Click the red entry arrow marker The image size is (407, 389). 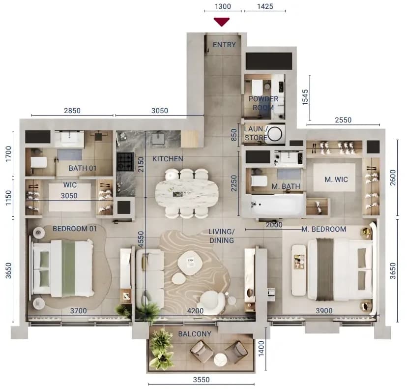pyautogui.click(x=222, y=22)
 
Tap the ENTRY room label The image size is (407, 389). pyautogui.click(x=224, y=45)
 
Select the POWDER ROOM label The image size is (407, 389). pyautogui.click(x=263, y=103)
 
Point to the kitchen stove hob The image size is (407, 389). pyautogui.click(x=125, y=162)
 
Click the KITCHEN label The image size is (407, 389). pyautogui.click(x=168, y=159)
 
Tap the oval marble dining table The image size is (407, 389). pyautogui.click(x=187, y=193)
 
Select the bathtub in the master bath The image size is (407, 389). pyautogui.click(x=277, y=205)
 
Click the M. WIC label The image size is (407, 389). pyautogui.click(x=336, y=179)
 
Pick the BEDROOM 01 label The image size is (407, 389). pyautogui.click(x=75, y=229)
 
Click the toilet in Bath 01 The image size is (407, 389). pyautogui.click(x=38, y=162)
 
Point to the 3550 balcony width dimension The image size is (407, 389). pyautogui.click(x=201, y=380)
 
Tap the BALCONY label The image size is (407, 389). pyautogui.click(x=195, y=334)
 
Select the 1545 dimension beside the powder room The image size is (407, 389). pyautogui.click(x=305, y=97)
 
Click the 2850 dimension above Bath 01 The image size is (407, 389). pyautogui.click(x=72, y=111)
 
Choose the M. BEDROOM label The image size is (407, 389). pyautogui.click(x=323, y=229)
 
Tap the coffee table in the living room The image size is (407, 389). pyautogui.click(x=190, y=263)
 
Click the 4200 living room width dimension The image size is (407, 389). pyautogui.click(x=196, y=311)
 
